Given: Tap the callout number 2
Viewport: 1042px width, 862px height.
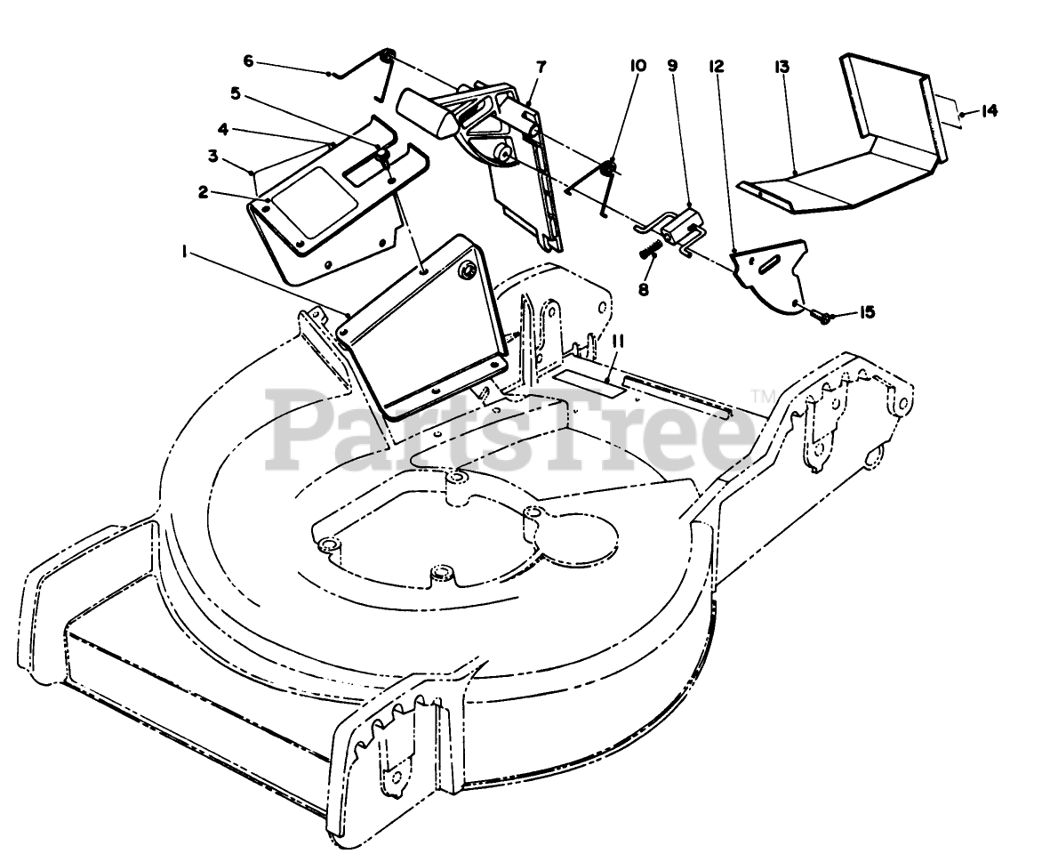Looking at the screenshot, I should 204,191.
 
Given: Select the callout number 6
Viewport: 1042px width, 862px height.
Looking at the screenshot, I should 248,61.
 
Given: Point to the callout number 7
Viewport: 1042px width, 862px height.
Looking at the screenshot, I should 541,67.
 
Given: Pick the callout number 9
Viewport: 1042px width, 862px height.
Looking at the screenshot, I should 672,67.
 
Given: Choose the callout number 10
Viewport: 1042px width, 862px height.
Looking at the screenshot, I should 637,67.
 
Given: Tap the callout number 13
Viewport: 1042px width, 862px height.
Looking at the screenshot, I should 781,67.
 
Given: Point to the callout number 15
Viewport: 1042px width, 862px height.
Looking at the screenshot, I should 867,312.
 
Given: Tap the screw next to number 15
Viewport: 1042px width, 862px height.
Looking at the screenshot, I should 825,316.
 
